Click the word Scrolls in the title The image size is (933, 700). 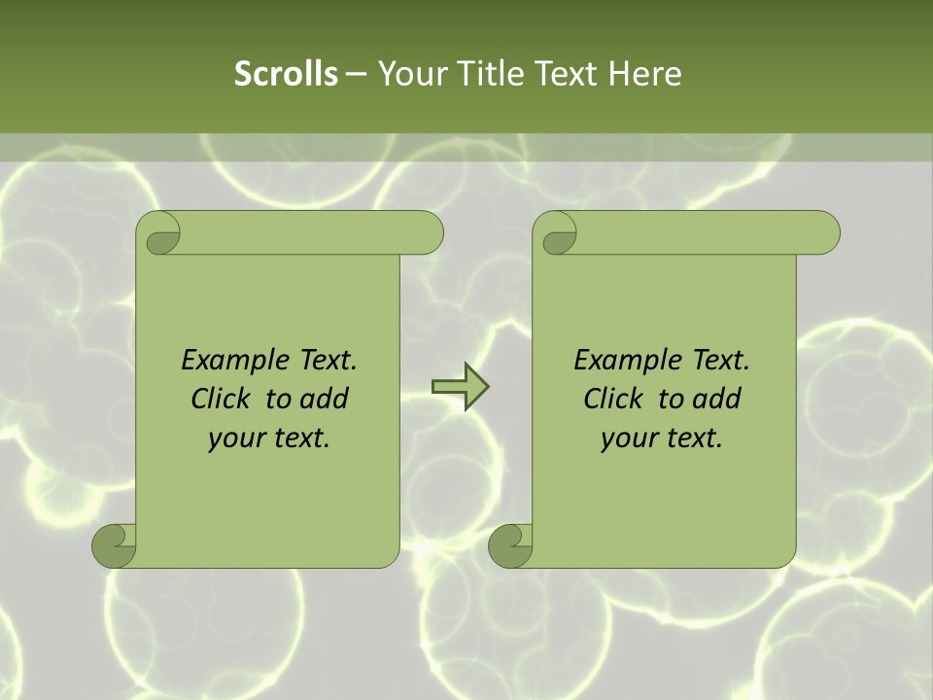tap(286, 74)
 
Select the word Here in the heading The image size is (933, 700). tap(645, 74)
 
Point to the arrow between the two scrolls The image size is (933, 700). tap(460, 387)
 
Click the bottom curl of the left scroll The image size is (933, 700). tap(113, 545)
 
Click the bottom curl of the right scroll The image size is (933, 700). tap(509, 545)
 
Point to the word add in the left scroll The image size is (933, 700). tap(324, 400)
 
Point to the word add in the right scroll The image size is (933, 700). tap(716, 400)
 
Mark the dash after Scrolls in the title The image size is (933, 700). tap(357, 74)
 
